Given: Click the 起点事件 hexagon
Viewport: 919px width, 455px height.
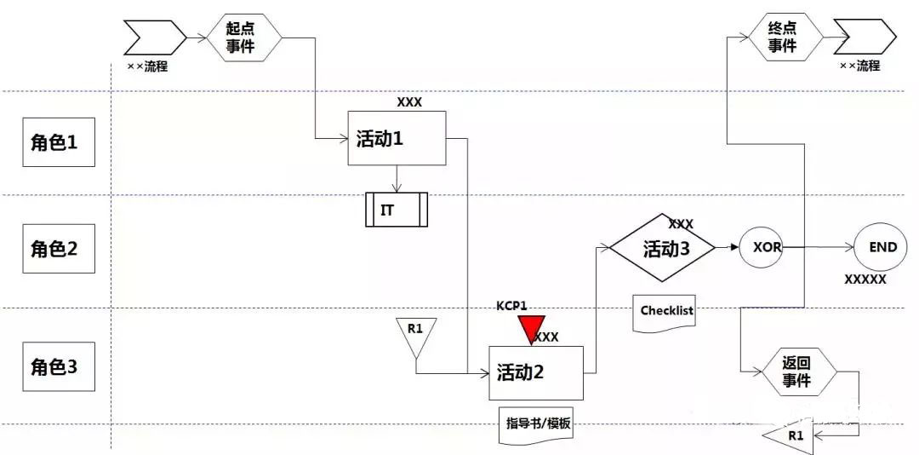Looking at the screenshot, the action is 244,38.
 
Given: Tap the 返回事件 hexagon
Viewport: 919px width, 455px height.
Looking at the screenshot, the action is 799,372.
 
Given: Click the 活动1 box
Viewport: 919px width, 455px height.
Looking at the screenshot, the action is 397,138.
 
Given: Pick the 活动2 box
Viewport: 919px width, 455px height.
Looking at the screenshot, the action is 536,373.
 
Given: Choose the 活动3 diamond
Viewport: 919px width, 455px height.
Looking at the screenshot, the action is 662,248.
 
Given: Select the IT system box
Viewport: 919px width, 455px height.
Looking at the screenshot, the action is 397,210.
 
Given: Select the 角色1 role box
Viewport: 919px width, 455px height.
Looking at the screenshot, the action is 59,142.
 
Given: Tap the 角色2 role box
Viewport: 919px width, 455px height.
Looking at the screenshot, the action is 59,248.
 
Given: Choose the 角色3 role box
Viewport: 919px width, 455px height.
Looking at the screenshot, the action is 59,367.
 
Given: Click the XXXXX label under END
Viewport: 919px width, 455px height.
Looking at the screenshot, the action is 865,280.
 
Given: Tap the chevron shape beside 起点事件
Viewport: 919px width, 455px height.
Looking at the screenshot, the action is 154,37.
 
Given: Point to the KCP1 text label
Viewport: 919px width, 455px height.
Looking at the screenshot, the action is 511,306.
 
